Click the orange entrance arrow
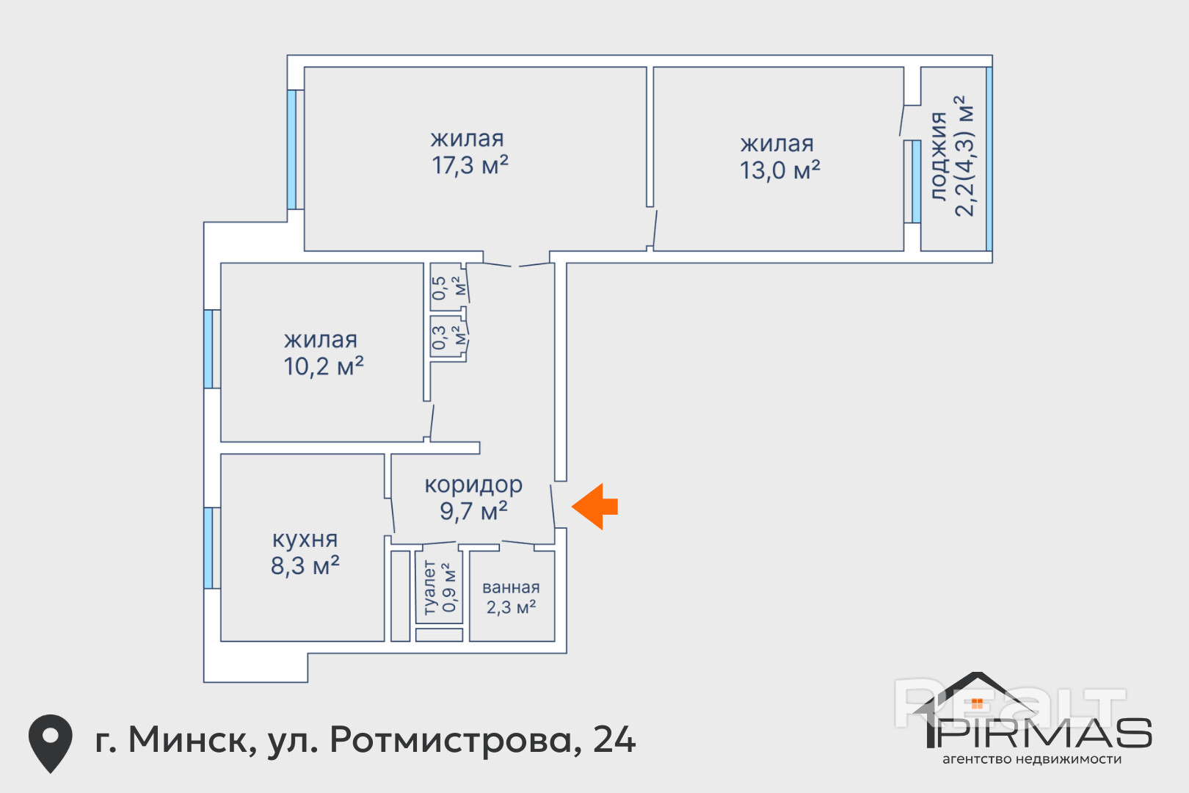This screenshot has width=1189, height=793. (594, 507)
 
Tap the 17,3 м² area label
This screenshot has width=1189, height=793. (470, 165)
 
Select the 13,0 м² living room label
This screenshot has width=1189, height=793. (779, 170)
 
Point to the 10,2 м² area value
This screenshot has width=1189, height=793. (323, 366)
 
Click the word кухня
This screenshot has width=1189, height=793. (305, 540)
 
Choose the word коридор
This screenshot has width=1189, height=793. (473, 485)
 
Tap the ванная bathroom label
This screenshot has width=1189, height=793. (511, 587)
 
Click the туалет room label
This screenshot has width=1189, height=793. (429, 587)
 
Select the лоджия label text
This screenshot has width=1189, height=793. (939, 156)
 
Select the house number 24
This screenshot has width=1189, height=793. (614, 739)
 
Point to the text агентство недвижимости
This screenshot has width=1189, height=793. (1032, 759)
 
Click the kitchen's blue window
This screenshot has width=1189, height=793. (208, 548)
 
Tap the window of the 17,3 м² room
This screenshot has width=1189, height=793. (291, 150)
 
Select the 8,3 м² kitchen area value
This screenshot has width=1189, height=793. (305, 565)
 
